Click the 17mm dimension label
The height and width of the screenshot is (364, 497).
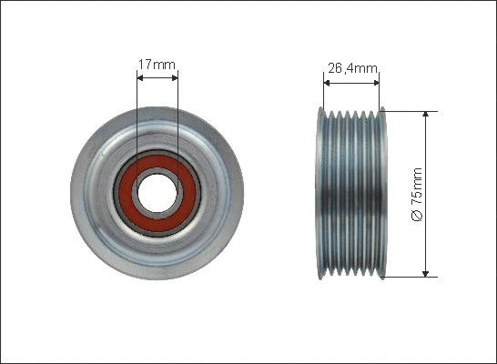point(157,65)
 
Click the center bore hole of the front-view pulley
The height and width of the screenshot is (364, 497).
point(157,193)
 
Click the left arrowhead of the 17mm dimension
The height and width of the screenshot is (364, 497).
point(139,78)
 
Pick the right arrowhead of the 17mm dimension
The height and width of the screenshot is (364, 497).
point(175,78)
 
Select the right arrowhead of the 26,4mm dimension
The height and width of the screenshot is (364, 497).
point(376,80)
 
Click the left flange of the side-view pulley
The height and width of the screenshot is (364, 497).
point(319,193)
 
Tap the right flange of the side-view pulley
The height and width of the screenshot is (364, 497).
point(384,193)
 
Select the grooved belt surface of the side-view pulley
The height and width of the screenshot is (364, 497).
point(351,193)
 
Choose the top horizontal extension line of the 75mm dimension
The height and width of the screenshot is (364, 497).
point(410,111)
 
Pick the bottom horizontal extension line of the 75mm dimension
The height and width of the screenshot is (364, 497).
point(410,277)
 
